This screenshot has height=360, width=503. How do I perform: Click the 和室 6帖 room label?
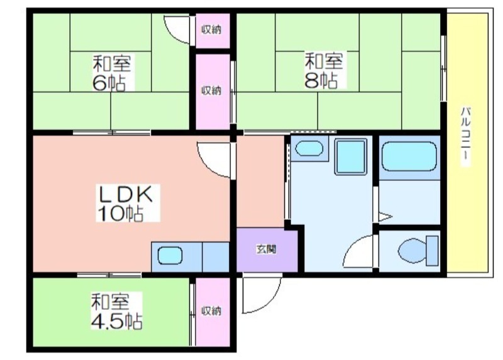pos(113,72)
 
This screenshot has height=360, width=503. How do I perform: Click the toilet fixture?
pos(417,251)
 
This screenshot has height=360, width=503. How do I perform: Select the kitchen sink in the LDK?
pos(170,256)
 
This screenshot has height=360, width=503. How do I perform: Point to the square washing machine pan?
pos(350,157)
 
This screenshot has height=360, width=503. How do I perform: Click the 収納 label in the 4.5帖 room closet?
pos(211,311)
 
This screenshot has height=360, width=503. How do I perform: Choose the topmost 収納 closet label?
pos(211,29)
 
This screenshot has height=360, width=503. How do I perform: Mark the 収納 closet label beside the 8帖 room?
pos(211,90)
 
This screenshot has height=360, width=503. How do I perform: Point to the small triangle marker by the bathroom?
pos(385,218)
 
